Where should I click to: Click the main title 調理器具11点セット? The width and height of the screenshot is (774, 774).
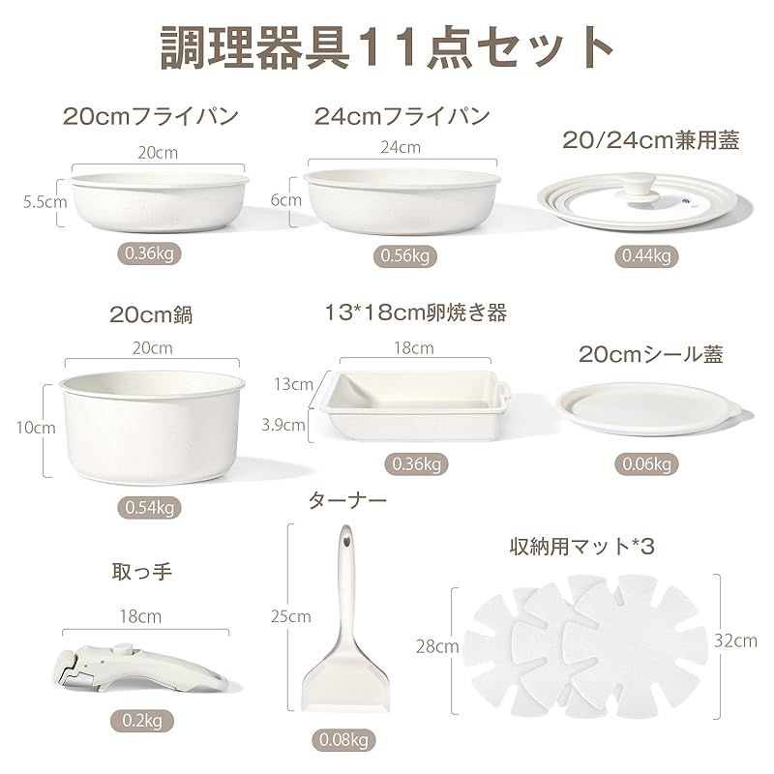coord(386,45)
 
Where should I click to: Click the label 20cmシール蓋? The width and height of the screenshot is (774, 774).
coord(650,355)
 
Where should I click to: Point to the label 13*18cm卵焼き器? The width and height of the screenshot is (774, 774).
coord(417,313)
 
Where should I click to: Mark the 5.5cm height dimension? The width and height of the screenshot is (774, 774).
coord(45,202)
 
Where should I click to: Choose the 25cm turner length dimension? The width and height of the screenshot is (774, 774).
coord(292,615)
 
